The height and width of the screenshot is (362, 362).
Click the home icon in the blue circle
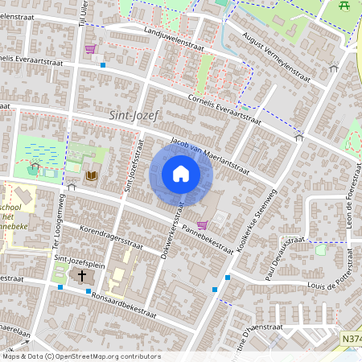pos(181,174)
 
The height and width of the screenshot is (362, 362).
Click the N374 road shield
pos(351,341)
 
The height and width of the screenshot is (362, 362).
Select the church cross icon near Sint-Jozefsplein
pos(80,276)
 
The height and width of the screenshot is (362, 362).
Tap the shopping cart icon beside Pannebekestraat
pos(201,225)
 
